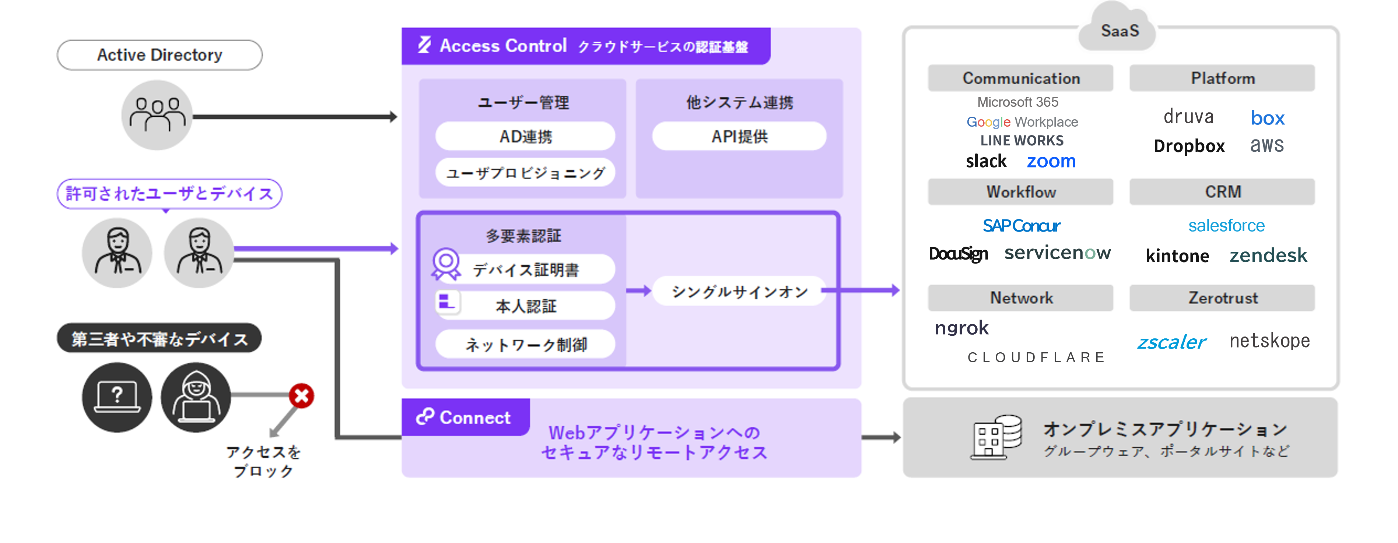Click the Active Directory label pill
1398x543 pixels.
pyautogui.click(x=160, y=55)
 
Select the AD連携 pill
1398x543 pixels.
pyautogui.click(x=525, y=136)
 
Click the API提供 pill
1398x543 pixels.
pyautogui.click(x=739, y=136)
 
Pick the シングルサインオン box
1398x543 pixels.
pyautogui.click(x=739, y=291)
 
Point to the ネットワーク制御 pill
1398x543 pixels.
pyautogui.click(x=525, y=344)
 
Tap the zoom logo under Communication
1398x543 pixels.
pyautogui.click(x=1051, y=161)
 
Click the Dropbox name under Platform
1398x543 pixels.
pyautogui.click(x=1188, y=146)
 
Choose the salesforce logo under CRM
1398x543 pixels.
pyautogui.click(x=1226, y=225)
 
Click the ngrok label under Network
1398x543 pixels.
pyautogui.click(x=961, y=328)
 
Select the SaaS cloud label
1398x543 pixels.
pyautogui.click(x=1119, y=31)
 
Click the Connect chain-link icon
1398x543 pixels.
pyautogui.click(x=425, y=417)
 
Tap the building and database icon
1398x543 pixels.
pyautogui.click(x=995, y=437)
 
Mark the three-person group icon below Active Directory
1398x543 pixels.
pyautogui.click(x=157, y=115)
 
